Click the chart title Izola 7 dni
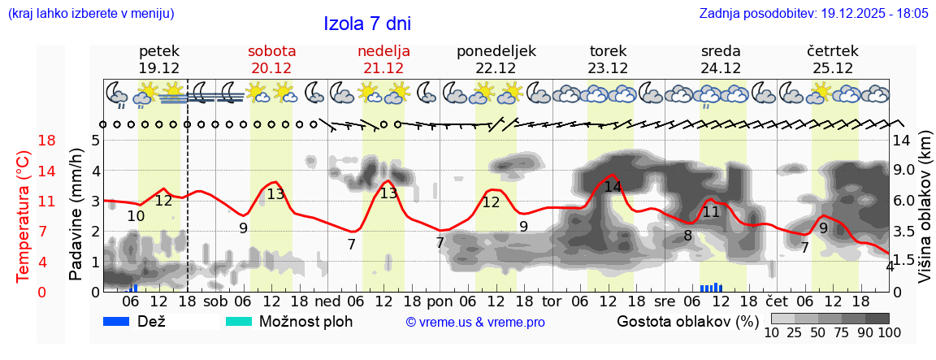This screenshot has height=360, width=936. tap(367, 23)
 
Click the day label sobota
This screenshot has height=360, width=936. tap(271, 50)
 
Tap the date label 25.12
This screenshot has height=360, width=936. tap(833, 68)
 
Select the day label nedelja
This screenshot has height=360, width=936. tap(383, 50)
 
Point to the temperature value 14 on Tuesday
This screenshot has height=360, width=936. tap(613, 186)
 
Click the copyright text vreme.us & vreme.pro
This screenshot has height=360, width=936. tap(474, 323)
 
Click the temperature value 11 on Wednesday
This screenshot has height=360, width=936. tap(711, 212)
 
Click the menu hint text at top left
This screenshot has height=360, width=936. tap(90, 14)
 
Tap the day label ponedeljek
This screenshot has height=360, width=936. tap(496, 50)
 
